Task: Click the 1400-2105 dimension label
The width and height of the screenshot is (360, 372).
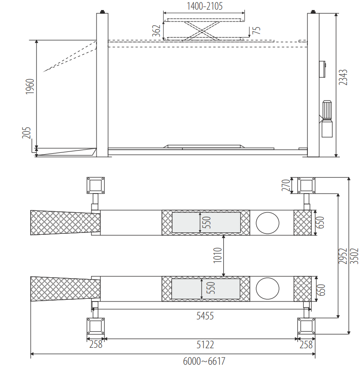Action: click(204, 6)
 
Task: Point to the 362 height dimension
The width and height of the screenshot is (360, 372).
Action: click(156, 31)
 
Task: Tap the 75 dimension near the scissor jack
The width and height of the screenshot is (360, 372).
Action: click(256, 30)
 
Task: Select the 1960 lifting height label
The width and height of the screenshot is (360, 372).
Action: click(30, 86)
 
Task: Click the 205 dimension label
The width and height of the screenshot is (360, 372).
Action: click(27, 133)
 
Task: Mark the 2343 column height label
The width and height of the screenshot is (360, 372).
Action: click(343, 77)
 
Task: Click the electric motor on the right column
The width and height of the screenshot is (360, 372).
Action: click(327, 119)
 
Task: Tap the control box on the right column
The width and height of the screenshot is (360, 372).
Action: click(322, 69)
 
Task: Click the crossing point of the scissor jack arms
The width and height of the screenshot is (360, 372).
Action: click(202, 31)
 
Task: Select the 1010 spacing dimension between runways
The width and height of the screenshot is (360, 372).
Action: click(217, 255)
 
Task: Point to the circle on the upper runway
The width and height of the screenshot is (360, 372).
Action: click(268, 223)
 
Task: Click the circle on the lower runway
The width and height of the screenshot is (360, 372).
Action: click(268, 289)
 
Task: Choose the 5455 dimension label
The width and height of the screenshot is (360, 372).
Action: click(205, 316)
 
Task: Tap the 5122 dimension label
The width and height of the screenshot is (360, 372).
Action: click(205, 345)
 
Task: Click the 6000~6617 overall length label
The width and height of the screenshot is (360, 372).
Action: click(204, 361)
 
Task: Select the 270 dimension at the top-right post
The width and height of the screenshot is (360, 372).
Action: click(286, 185)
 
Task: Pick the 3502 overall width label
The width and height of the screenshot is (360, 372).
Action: click(355, 256)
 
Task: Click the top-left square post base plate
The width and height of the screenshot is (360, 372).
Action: click(96, 185)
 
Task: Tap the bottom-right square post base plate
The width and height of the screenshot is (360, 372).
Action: click(306, 326)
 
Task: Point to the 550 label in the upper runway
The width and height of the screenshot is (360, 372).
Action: click(207, 222)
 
